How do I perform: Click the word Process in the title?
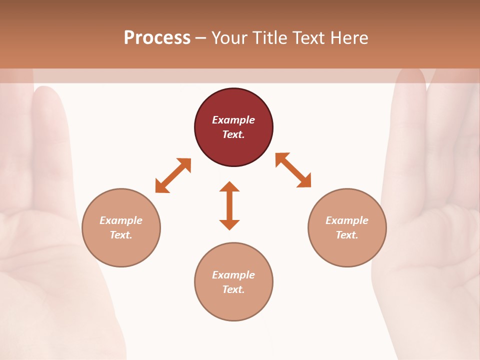coord(157,38)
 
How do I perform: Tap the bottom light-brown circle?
coord(233,305)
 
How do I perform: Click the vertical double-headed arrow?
coord(229,205)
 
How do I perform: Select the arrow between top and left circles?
coord(173,175)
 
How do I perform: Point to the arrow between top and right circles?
coord(293,170)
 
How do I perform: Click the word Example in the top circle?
coord(233,120)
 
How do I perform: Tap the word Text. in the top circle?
coord(233,134)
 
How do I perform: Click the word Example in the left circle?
coord(121,220)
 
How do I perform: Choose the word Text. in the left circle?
coord(121,235)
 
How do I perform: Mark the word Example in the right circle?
coord(347,220)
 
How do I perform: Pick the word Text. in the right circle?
coord(347,235)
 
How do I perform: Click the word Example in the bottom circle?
coord(233,275)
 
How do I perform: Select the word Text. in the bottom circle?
coord(233,289)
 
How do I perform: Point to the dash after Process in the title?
coord(200,38)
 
